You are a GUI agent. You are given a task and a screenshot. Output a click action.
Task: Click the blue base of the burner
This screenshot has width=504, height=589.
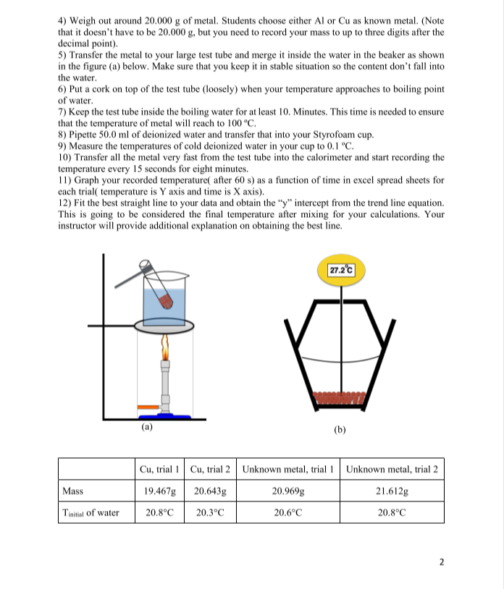point(167,415)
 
